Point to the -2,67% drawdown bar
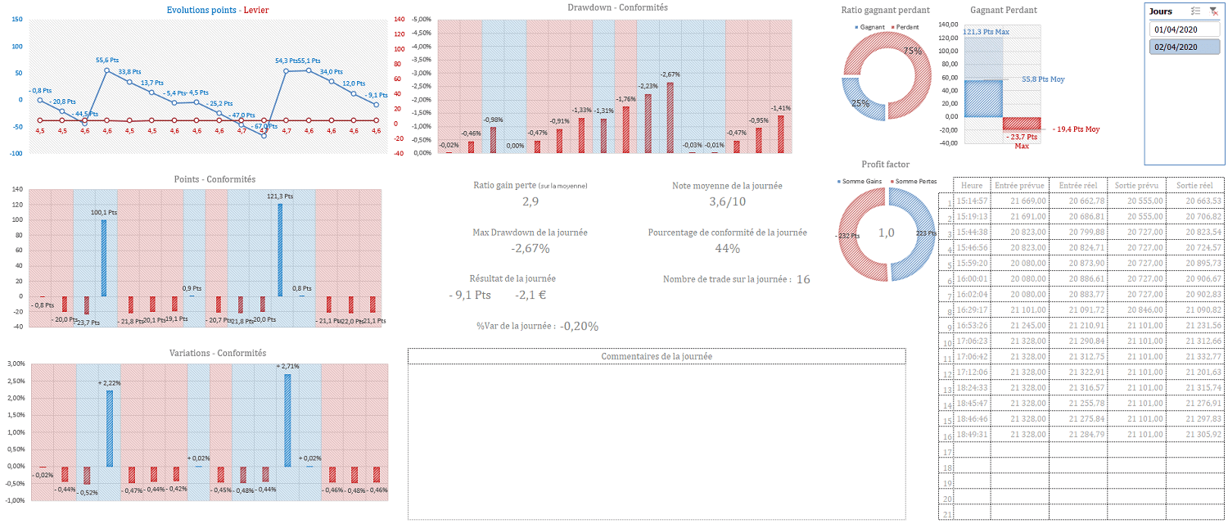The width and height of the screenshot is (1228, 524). pyautogui.click(x=670, y=117)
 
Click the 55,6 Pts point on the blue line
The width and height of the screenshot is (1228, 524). pyautogui.click(x=107, y=70)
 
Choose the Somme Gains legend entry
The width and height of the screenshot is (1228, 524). pyautogui.click(x=860, y=181)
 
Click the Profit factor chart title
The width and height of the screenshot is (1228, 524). pyautogui.click(x=886, y=165)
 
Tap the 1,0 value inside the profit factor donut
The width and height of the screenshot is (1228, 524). pyautogui.click(x=887, y=233)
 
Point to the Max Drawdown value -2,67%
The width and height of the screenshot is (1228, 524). pyautogui.click(x=530, y=248)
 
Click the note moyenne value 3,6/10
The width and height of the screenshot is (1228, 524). pyautogui.click(x=727, y=201)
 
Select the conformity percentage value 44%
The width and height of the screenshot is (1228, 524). pyautogui.click(x=727, y=248)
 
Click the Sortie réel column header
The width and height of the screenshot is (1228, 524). pyautogui.click(x=1194, y=185)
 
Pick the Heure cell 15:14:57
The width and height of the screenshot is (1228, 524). pyautogui.click(x=973, y=201)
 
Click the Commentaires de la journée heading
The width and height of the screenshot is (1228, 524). pyautogui.click(x=657, y=356)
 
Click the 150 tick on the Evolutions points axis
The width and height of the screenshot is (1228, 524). pyautogui.click(x=17, y=20)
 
